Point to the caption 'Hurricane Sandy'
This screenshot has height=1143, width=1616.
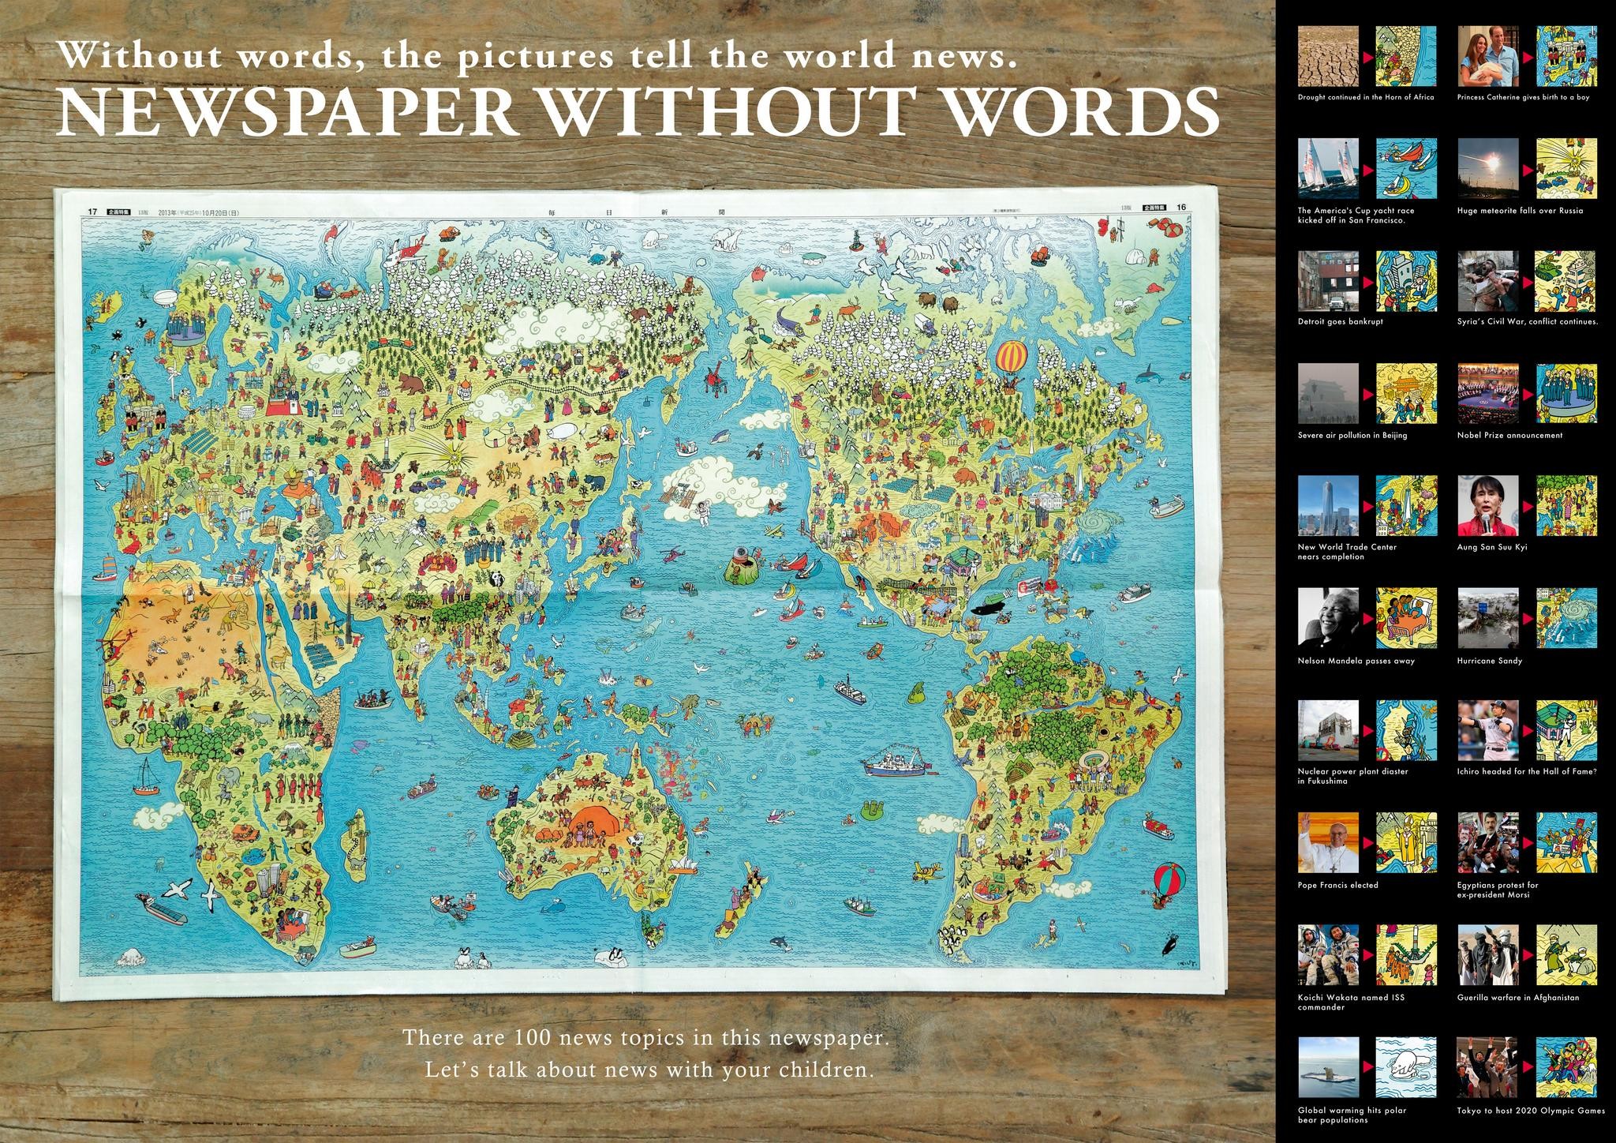pyautogui.click(x=1489, y=661)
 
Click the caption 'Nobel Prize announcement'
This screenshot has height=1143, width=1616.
pyautogui.click(x=1509, y=435)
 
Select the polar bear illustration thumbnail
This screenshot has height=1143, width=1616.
pyautogui.click(x=1407, y=1069)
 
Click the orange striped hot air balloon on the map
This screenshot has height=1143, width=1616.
pyautogui.click(x=1012, y=357)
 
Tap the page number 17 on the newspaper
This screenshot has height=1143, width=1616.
pyautogui.click(x=92, y=212)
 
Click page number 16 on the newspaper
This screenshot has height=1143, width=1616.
pyautogui.click(x=1180, y=208)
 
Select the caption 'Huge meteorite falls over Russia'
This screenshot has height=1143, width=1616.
pyautogui.click(x=1520, y=211)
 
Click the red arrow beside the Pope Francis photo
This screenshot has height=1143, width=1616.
pyautogui.click(x=1367, y=842)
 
